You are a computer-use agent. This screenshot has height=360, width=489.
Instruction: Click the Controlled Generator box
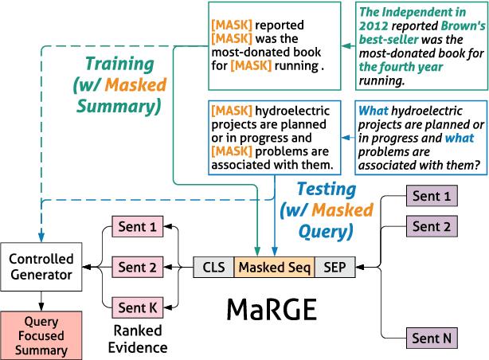pyautogui.click(x=41, y=267)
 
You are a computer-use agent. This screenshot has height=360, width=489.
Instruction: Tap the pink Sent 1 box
pyautogui.click(x=137, y=227)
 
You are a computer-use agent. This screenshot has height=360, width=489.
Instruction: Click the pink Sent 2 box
pyautogui.click(x=137, y=267)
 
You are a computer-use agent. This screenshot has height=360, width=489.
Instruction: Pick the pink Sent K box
pyautogui.click(x=137, y=307)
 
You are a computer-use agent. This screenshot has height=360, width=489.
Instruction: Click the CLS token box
pyautogui.click(x=213, y=267)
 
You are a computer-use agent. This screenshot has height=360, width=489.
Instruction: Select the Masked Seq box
pyautogui.click(x=274, y=267)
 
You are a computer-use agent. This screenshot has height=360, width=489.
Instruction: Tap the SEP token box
pyautogui.click(x=335, y=267)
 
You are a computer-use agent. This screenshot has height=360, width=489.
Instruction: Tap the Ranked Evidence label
pyautogui.click(x=137, y=338)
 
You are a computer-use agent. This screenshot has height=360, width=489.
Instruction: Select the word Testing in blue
pyautogui.click(x=327, y=189)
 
